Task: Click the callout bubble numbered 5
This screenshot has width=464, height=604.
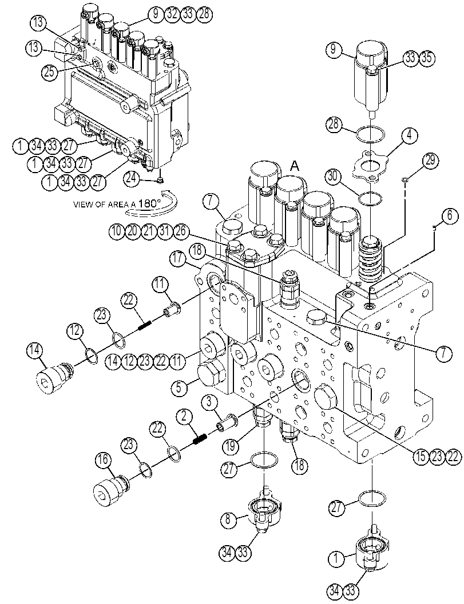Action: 179,387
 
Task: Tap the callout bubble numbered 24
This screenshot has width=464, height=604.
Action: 132,178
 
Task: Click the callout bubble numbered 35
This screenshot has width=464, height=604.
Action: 427,58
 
